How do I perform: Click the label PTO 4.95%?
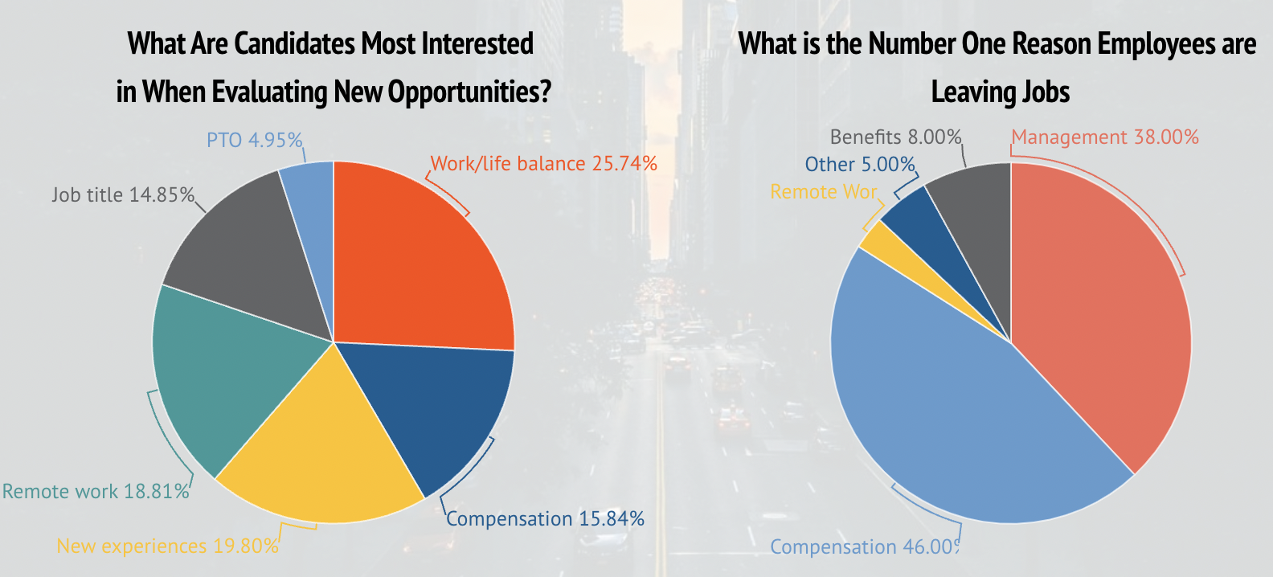(254, 140)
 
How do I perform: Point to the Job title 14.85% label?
(122, 194)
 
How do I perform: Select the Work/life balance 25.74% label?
(543, 163)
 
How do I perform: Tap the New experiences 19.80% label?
(167, 546)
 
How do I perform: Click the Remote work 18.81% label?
(96, 491)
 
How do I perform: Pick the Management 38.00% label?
(1104, 137)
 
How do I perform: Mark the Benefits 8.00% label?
(895, 137)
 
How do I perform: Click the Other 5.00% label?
(860, 164)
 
